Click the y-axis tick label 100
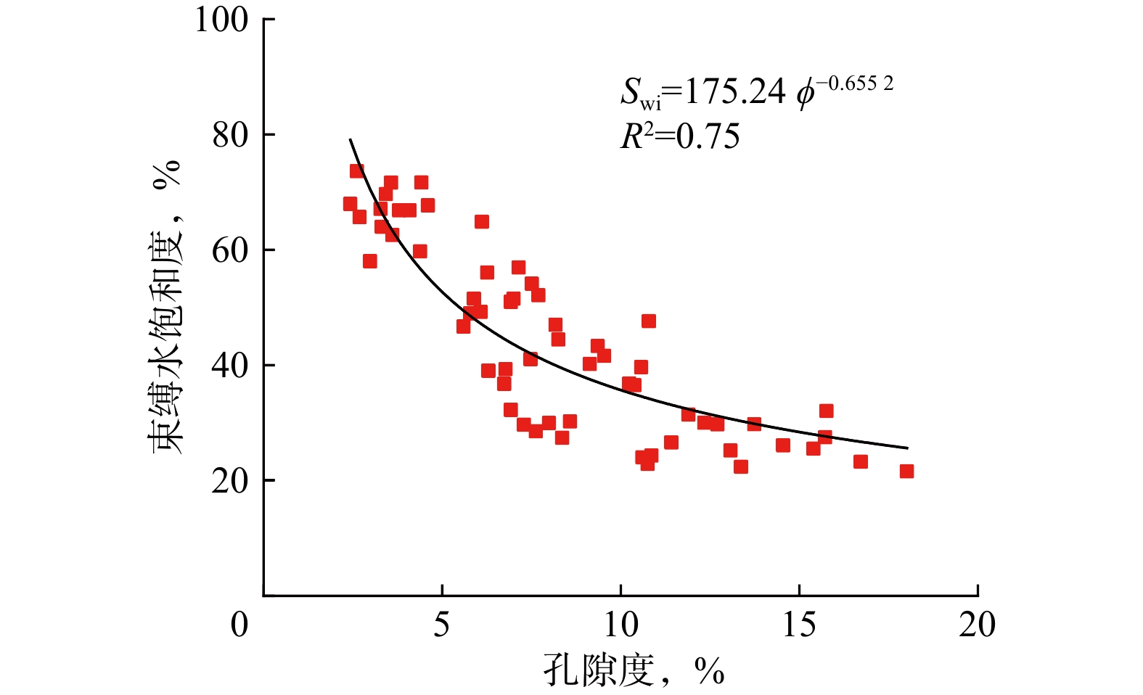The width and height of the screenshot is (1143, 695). (x=221, y=20)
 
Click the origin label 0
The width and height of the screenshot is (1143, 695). (x=239, y=625)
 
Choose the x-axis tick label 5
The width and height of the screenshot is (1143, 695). (x=442, y=625)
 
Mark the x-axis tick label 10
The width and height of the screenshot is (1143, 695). (x=621, y=625)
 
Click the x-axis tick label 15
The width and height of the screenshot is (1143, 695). (x=799, y=625)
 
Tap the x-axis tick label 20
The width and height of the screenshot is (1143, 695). (x=977, y=625)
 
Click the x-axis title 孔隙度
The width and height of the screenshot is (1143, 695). (x=599, y=670)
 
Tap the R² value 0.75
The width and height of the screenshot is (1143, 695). (x=708, y=136)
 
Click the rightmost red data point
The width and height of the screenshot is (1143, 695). (x=906, y=472)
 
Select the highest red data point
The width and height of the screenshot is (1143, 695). (x=356, y=171)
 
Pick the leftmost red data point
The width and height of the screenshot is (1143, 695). (x=350, y=204)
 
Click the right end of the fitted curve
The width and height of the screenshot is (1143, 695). (x=907, y=448)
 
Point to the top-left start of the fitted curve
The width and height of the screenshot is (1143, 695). (x=350, y=139)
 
